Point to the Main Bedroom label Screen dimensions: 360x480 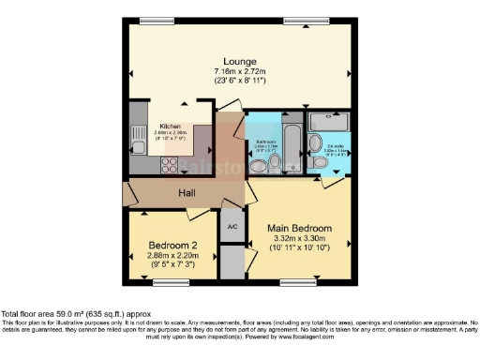(299, 228)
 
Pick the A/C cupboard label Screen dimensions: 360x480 (231, 226)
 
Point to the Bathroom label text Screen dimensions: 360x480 (261, 142)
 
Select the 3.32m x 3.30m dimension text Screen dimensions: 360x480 (299, 240)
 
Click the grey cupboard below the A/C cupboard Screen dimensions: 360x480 (231, 260)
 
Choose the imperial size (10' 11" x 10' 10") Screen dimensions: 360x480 (299, 250)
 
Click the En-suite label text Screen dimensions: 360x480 (335, 146)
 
